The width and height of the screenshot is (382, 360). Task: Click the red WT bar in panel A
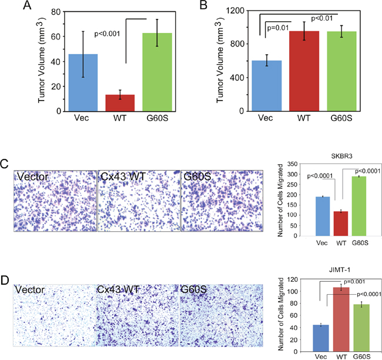(120, 103)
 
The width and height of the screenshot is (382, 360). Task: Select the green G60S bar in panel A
(157, 72)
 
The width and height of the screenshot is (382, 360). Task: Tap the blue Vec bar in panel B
(267, 86)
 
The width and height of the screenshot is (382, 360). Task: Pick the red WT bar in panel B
(304, 71)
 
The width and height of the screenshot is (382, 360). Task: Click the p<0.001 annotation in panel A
(107, 34)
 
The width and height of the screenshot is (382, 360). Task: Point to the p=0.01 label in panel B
(278, 28)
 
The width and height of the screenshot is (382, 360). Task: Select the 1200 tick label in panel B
(235, 11)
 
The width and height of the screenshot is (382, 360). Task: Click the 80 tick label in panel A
(56, 12)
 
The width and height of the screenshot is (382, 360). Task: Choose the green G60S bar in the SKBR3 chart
(359, 206)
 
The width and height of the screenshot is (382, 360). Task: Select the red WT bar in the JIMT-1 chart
(341, 319)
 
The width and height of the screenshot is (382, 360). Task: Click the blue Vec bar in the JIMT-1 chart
(321, 338)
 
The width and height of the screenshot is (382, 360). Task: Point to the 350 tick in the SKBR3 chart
(292, 164)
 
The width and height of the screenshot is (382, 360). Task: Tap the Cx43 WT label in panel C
(123, 176)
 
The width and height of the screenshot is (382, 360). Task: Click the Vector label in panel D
(29, 290)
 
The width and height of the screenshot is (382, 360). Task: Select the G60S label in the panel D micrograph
(193, 289)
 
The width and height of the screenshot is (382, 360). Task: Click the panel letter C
(4, 164)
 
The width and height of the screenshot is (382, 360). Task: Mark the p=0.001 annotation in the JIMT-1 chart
(354, 282)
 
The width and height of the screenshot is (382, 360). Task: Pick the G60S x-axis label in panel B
(341, 118)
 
